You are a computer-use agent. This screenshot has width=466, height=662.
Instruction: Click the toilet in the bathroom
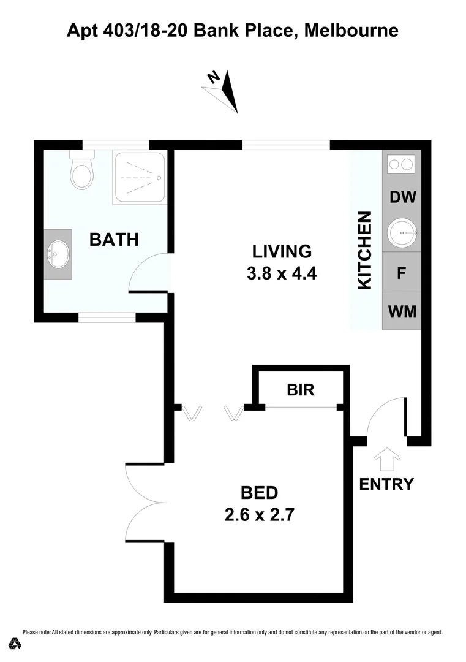[x=81, y=171]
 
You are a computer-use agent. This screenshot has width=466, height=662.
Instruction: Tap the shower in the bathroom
[x=139, y=178]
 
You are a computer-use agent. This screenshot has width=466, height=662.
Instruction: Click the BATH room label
[x=114, y=239]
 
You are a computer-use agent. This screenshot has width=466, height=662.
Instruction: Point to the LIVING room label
[x=282, y=251]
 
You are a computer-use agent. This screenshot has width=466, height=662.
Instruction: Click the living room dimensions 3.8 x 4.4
[x=281, y=273]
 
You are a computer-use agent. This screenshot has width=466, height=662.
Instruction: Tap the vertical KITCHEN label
[x=364, y=250]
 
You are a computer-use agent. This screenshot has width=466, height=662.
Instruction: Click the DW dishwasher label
[x=402, y=197]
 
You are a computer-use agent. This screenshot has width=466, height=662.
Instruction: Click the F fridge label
[x=402, y=273]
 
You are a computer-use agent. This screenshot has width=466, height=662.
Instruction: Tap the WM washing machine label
[x=402, y=311]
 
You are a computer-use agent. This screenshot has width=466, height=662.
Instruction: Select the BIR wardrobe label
[x=300, y=389]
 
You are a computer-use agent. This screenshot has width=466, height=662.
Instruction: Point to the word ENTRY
[x=386, y=484]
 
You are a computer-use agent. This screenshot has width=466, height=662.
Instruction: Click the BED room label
[x=259, y=492]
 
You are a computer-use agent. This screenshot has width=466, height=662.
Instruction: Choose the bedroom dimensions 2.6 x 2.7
[x=259, y=515]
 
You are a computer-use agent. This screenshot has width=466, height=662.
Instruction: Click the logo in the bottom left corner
[x=15, y=644]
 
